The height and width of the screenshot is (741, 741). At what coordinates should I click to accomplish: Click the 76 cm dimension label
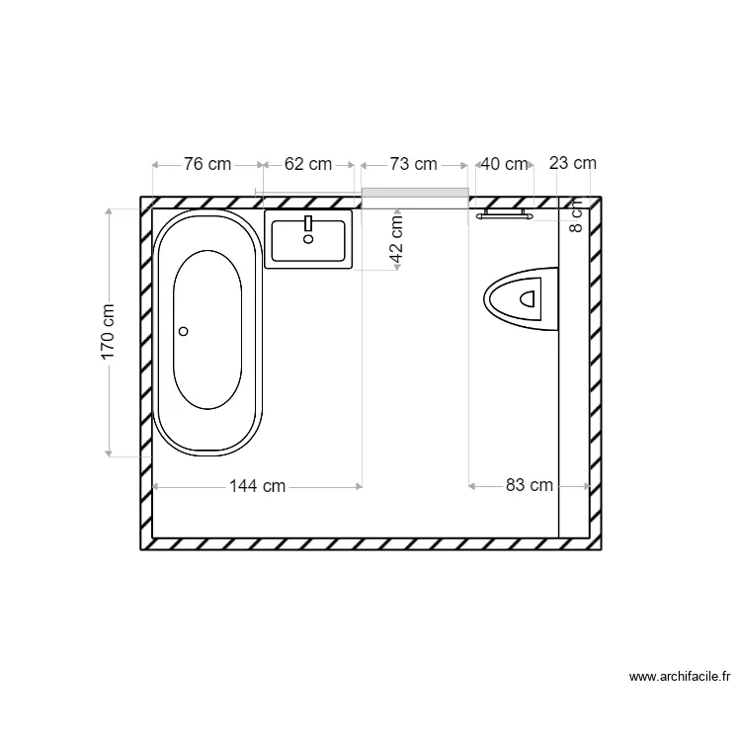point(207,164)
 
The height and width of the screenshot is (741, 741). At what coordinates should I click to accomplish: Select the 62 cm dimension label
point(308,164)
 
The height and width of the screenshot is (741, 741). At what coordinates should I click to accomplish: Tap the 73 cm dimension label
point(413,164)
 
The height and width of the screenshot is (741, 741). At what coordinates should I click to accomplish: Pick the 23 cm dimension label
point(573,164)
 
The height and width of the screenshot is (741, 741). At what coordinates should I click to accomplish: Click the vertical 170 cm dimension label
point(109,331)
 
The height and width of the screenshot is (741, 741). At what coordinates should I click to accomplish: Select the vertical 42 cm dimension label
point(396,240)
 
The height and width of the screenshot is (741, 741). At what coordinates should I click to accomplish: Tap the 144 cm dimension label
point(257,485)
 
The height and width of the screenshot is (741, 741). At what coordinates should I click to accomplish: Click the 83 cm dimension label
point(530,485)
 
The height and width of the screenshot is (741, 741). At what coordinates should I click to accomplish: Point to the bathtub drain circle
point(183,332)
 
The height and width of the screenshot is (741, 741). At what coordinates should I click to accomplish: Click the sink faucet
point(308,224)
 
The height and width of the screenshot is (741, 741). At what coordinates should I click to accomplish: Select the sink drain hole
point(308,238)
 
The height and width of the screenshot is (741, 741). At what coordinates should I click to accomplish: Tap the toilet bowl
point(522,295)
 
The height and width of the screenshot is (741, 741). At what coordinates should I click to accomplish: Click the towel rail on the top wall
point(504,212)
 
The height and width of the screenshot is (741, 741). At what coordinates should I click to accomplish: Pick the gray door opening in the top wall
point(414,192)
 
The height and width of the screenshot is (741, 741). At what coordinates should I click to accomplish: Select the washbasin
point(308,239)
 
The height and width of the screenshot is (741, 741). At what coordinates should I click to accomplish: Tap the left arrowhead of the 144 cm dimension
point(156,485)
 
